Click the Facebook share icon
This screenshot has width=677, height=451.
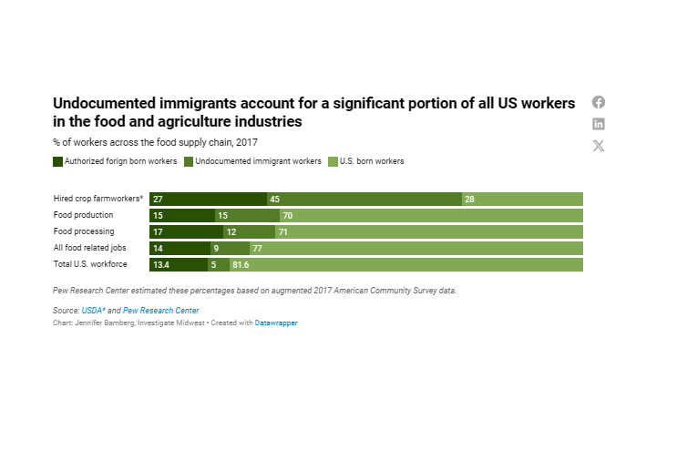click(x=599, y=102)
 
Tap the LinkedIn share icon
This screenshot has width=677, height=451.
click(x=599, y=124)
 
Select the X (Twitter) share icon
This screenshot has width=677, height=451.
click(x=599, y=146)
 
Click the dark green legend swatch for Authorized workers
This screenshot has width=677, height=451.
click(x=58, y=161)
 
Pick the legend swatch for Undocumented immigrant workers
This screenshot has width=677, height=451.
click(x=190, y=161)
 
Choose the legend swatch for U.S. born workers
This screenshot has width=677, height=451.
click(x=333, y=161)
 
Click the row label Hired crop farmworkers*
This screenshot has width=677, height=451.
click(x=98, y=199)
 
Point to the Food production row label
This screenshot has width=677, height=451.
click(x=84, y=215)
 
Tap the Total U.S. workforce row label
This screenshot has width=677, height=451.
click(x=90, y=264)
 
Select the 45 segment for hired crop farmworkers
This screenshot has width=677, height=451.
click(x=364, y=199)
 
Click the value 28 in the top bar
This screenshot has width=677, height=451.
click(x=470, y=199)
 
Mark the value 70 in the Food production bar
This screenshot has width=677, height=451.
click(x=288, y=215)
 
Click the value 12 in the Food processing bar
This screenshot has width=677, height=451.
click(x=231, y=231)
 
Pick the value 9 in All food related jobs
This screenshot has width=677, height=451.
click(x=216, y=248)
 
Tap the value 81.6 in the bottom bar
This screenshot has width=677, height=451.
click(x=241, y=264)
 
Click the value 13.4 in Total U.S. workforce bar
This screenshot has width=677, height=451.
click(x=161, y=264)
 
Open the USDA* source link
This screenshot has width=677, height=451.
click(x=93, y=311)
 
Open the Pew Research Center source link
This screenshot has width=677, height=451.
click(x=160, y=311)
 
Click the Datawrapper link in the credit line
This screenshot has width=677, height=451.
click(x=275, y=323)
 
